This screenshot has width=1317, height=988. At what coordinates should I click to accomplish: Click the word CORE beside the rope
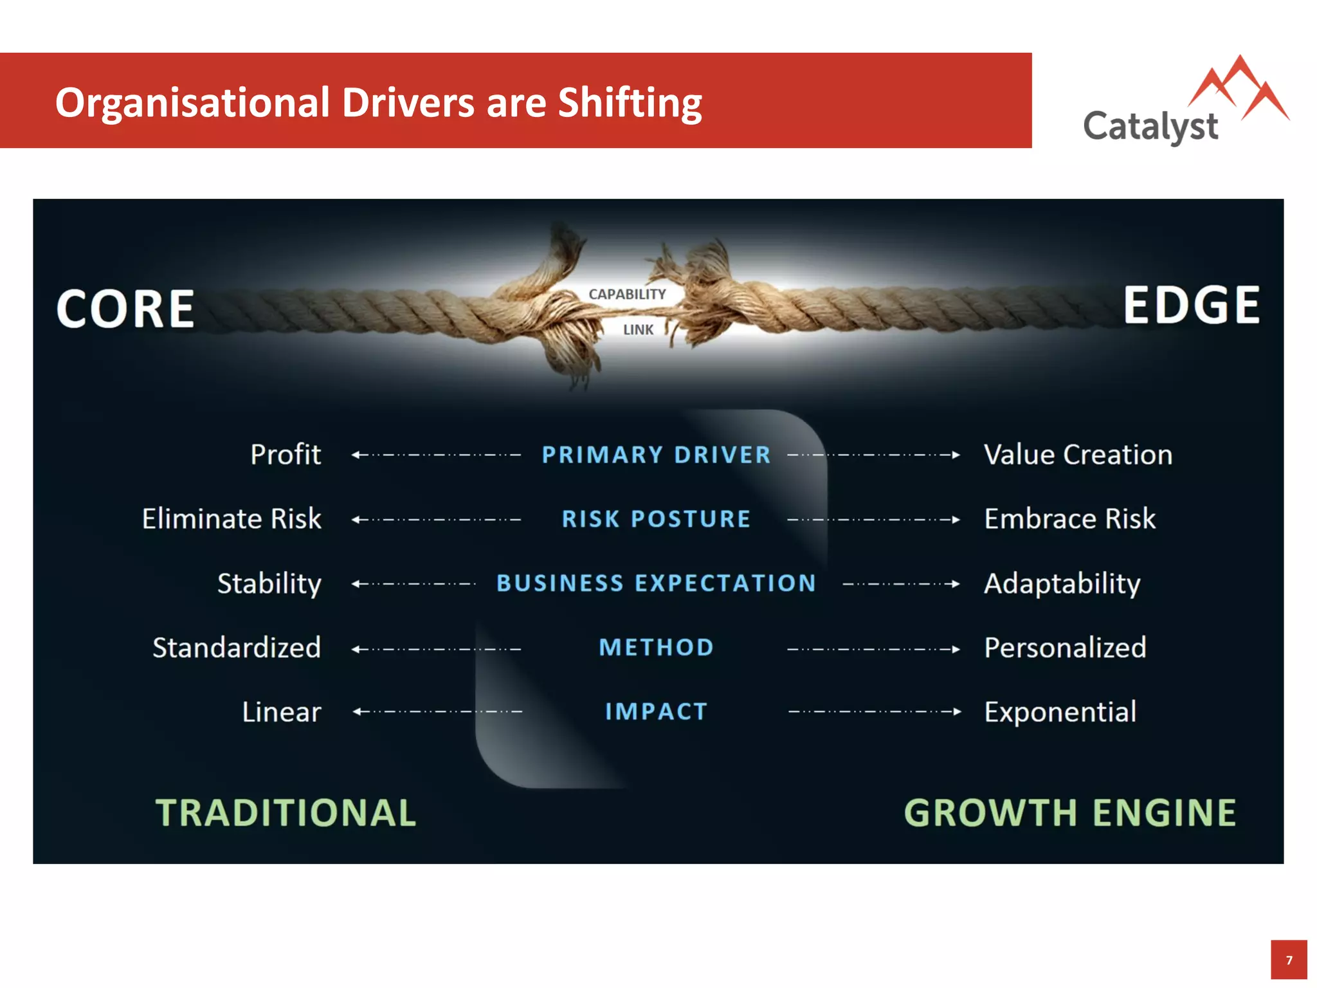click(125, 309)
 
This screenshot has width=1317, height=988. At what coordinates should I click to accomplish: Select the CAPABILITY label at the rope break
click(627, 295)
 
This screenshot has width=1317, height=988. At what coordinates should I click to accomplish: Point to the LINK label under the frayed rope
click(638, 330)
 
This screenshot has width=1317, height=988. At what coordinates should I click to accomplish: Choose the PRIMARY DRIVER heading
click(656, 455)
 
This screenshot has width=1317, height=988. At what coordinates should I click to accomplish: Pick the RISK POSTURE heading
click(656, 519)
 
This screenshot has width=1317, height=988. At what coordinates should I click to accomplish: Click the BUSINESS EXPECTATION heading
click(656, 583)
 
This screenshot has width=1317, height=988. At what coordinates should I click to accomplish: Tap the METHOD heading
click(656, 648)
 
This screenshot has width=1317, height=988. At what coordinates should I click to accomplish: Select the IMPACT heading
click(656, 711)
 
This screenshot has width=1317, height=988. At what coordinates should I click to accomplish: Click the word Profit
click(286, 455)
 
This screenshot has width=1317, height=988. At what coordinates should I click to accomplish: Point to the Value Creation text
click(1078, 455)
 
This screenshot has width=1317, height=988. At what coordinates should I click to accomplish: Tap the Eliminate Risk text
click(232, 519)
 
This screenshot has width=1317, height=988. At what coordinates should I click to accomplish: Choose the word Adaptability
click(1062, 584)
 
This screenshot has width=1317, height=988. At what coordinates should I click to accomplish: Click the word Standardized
click(236, 648)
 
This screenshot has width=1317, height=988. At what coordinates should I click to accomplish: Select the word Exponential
click(1060, 712)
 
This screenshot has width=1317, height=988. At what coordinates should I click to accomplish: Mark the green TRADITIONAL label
click(286, 812)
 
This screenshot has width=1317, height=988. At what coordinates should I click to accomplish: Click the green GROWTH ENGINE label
click(1069, 812)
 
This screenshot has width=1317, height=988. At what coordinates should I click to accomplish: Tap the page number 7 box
click(1289, 960)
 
